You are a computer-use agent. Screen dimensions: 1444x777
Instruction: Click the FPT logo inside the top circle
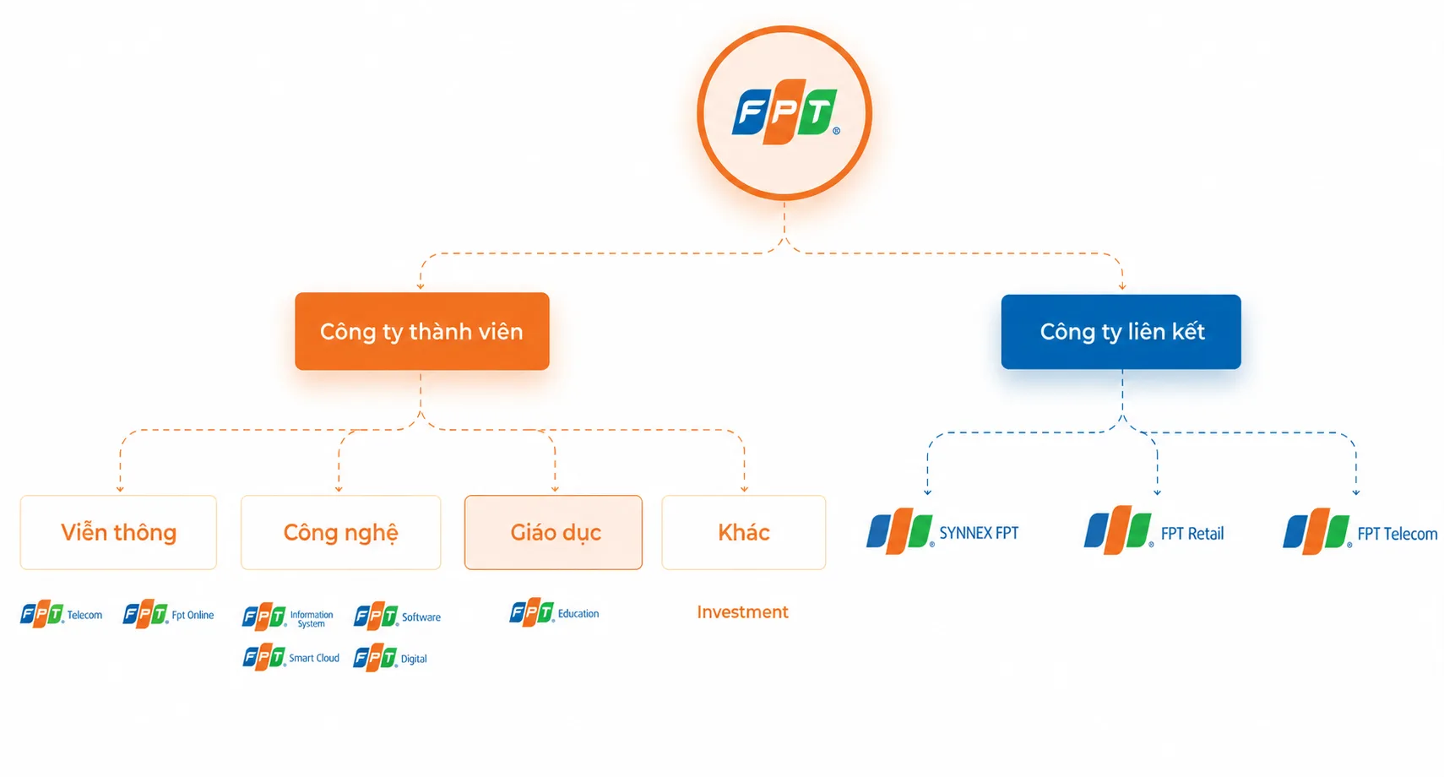click(x=785, y=112)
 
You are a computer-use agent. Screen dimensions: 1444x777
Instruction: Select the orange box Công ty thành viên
click(x=422, y=331)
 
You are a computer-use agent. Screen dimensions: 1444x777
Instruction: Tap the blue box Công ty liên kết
click(x=1121, y=332)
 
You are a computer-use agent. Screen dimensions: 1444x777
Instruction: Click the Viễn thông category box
click(x=118, y=533)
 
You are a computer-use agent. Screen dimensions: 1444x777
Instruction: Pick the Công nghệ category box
click(x=341, y=533)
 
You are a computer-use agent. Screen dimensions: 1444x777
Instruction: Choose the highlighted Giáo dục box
click(x=554, y=533)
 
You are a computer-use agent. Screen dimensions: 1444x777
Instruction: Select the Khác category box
click(x=744, y=533)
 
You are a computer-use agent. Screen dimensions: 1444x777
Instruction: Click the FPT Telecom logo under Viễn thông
click(x=62, y=615)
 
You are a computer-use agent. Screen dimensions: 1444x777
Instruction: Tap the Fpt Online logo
click(x=168, y=615)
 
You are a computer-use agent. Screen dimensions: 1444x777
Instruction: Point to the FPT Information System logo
click(x=288, y=617)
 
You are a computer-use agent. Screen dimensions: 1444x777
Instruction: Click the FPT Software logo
click(x=397, y=617)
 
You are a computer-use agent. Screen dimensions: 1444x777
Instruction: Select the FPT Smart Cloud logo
click(x=290, y=658)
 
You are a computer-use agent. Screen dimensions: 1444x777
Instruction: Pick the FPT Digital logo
click(x=390, y=659)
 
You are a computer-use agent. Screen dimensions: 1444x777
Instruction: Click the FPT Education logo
click(x=555, y=612)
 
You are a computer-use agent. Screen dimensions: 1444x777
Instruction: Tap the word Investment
click(x=742, y=612)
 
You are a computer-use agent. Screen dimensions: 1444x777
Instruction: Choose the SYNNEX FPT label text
click(x=979, y=533)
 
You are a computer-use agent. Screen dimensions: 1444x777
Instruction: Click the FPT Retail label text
click(x=1192, y=534)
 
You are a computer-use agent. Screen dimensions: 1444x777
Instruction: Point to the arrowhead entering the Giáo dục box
click(x=555, y=489)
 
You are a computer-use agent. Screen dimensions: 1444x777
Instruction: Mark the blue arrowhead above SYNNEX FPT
click(x=928, y=492)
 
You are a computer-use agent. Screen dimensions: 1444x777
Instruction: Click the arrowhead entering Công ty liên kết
click(x=1122, y=286)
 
